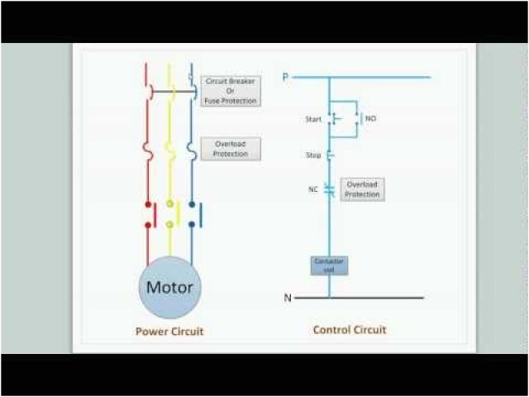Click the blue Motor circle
point(169,287)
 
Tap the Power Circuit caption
point(169,332)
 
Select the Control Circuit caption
point(349,330)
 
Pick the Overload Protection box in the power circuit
point(231,148)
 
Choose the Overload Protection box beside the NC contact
point(362,189)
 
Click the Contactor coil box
point(329,265)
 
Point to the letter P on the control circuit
point(285,77)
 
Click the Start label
point(312,119)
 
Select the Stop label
point(312,154)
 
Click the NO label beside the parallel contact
point(370,119)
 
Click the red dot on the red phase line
point(149,203)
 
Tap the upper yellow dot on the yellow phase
point(170,203)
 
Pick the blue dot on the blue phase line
point(192,203)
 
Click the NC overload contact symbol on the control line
point(329,189)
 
